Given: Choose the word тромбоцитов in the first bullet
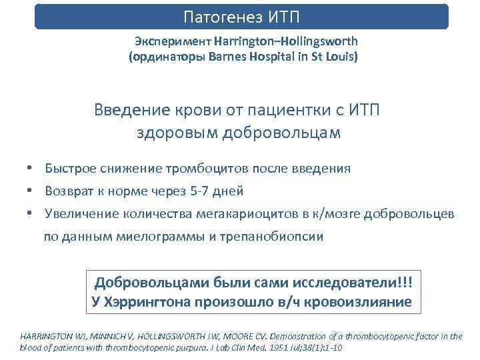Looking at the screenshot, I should pos(220,169).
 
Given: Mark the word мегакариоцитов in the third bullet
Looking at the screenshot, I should pos(245,213).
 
